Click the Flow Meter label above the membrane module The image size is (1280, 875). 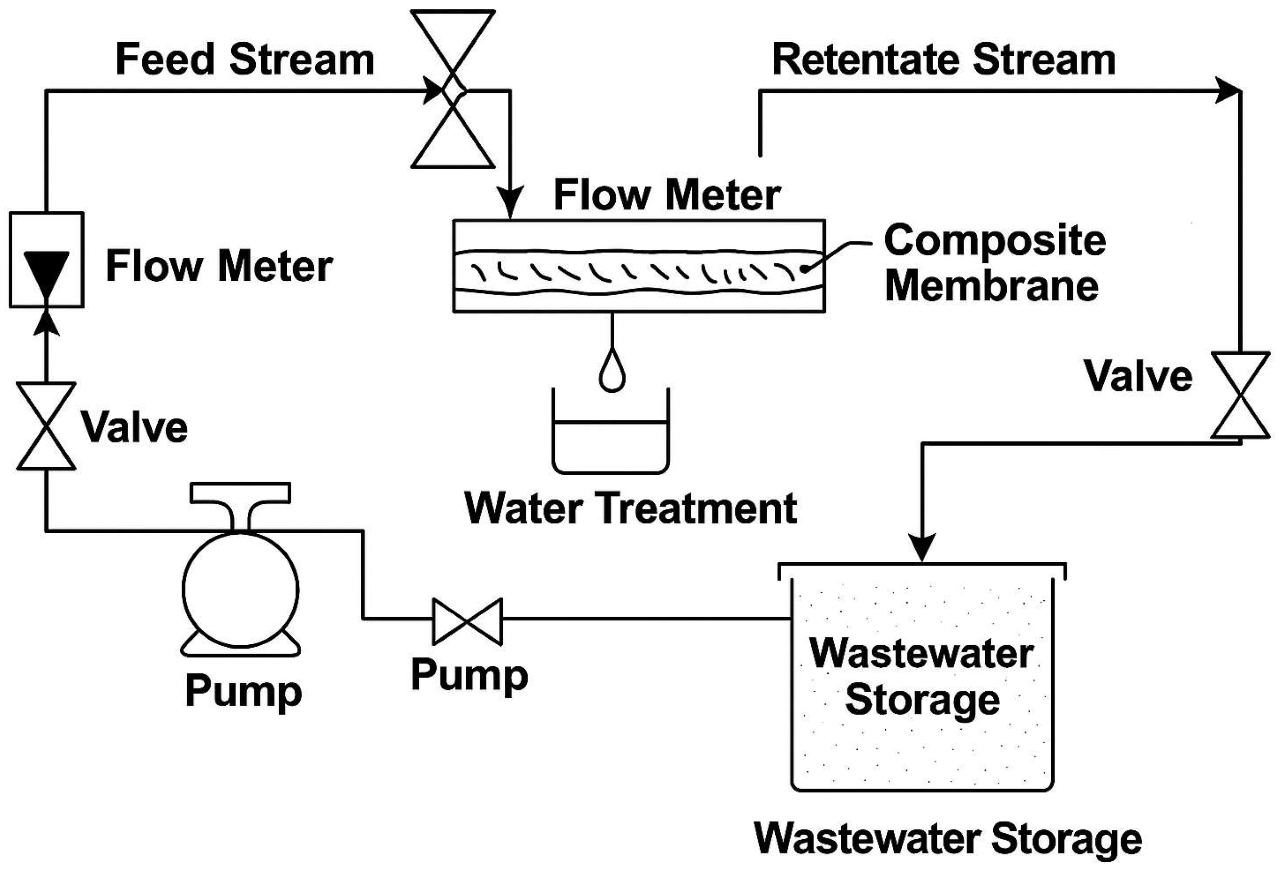pos(666,195)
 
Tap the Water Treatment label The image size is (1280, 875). pos(630,508)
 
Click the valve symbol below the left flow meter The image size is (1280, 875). pos(46,426)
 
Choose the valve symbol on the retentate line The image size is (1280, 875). pos(1240,395)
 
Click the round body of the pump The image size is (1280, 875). pos(241,590)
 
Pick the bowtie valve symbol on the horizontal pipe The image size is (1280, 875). pos(467,621)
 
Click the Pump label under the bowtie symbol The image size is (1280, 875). pos(469,675)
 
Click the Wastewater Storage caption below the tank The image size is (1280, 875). pos(947,839)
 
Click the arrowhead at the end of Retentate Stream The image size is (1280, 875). pos(1228,90)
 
